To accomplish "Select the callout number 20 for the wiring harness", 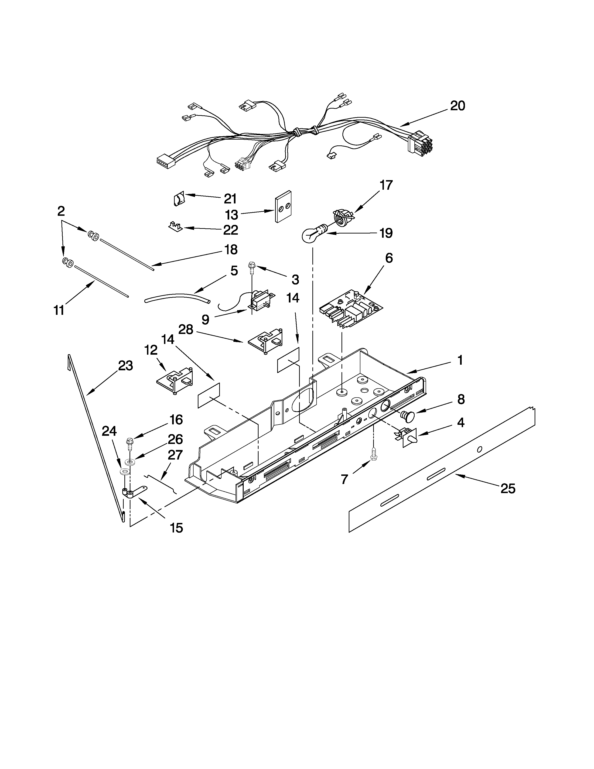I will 457,106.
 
